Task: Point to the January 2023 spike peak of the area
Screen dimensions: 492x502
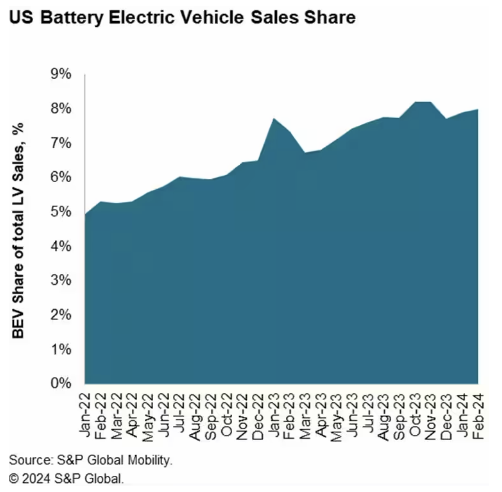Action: point(274,119)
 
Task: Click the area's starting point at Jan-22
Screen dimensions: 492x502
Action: point(86,215)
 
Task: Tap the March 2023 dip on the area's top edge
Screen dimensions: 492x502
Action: point(305,153)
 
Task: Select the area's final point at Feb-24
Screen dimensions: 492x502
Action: point(478,109)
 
